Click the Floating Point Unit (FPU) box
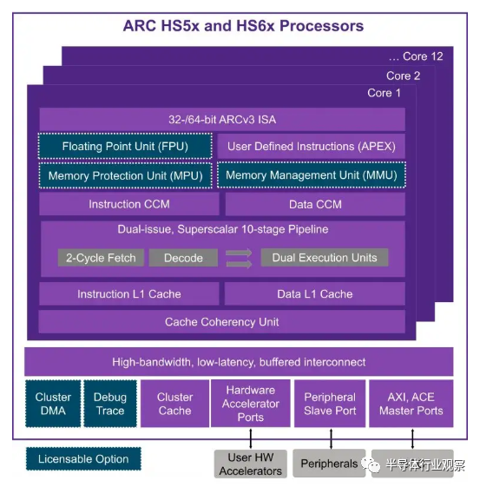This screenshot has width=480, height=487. (125, 146)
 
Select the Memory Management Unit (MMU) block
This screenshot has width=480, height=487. (312, 174)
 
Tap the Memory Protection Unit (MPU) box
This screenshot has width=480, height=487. (126, 175)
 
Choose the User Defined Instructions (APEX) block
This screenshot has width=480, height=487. (311, 147)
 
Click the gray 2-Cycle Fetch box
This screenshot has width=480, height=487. (101, 258)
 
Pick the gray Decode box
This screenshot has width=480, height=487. (183, 258)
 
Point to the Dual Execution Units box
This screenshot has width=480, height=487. (325, 257)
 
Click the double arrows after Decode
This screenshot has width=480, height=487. (239, 258)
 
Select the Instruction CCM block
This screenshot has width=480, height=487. (129, 204)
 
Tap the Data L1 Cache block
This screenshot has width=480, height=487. (315, 293)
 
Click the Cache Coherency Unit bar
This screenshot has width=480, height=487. (221, 322)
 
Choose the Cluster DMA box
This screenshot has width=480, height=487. (53, 404)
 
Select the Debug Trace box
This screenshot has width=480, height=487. (110, 404)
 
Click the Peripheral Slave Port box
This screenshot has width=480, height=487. (330, 404)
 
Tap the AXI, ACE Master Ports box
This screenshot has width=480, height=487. (411, 404)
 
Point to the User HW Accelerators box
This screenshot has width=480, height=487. (251, 464)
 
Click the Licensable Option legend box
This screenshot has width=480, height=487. (83, 458)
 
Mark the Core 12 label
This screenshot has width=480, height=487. (416, 56)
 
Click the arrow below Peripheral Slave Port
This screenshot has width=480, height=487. (331, 438)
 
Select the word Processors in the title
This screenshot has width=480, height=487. (322, 26)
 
